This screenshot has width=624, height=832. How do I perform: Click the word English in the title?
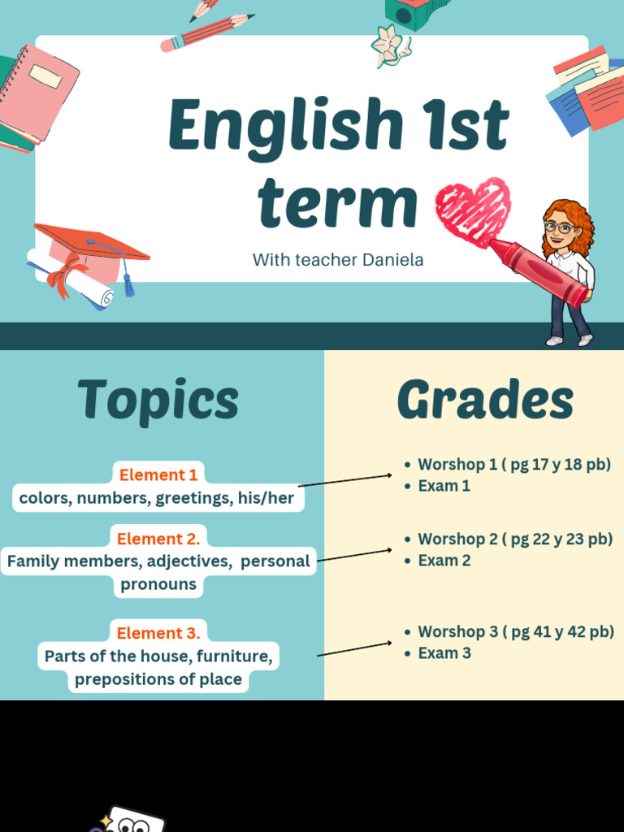click(285, 127)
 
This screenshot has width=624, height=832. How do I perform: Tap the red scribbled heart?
click(472, 210)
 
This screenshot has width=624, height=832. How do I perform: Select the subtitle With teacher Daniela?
click(338, 260)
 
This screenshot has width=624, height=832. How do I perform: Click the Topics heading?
click(158, 401)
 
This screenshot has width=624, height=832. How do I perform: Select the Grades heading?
click(485, 401)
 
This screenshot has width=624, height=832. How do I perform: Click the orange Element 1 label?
click(158, 474)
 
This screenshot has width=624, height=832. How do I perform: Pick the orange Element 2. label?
click(158, 539)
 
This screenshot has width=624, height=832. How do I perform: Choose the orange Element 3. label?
click(158, 633)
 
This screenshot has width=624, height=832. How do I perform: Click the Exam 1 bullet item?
click(444, 486)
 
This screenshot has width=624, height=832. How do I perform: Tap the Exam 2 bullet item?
click(444, 560)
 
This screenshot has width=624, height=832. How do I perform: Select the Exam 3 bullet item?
click(444, 652)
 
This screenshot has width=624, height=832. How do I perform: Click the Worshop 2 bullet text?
click(514, 539)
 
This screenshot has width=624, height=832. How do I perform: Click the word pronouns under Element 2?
click(158, 584)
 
